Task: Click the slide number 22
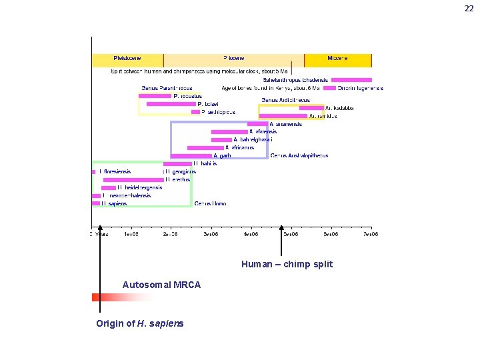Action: coord(469,8)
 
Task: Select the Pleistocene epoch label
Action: coord(127,59)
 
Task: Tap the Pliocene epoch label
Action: coord(234,59)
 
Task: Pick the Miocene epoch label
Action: coord(337,59)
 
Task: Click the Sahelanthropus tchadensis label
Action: coord(295,80)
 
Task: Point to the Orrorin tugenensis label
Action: coord(360,88)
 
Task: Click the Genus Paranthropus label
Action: coord(167,88)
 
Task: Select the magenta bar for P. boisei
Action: coord(171,104)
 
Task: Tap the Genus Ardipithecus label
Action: coord(285,100)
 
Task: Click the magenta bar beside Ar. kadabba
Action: coord(311,108)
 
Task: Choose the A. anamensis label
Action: coord(286,124)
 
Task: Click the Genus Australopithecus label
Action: coord(299,156)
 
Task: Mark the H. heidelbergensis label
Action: coord(139,188)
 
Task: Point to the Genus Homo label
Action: coord(210,204)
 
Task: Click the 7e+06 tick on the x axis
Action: coord(370,235)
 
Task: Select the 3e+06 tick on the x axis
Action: coord(211,235)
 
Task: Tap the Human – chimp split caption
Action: coord(287,265)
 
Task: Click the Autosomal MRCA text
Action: coord(161,285)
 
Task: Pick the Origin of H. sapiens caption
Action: coord(140,324)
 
